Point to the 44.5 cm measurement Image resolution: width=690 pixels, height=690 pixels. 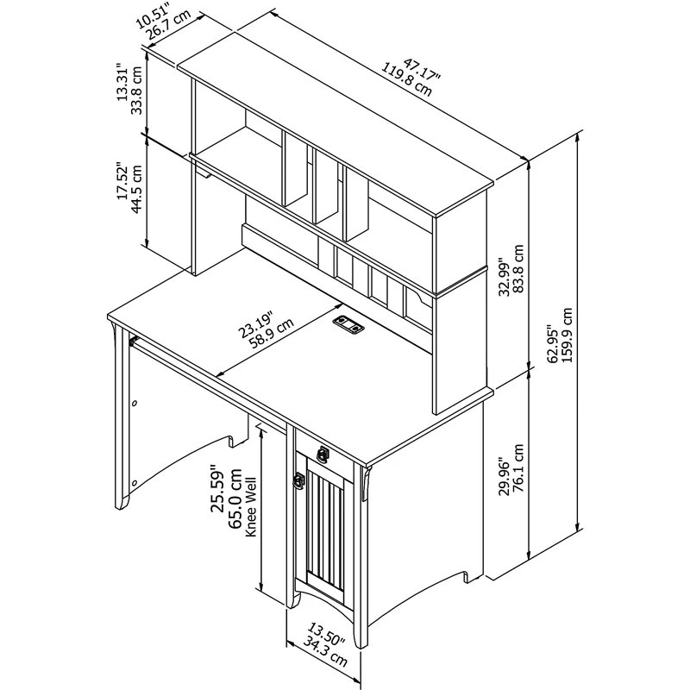coord(137,188)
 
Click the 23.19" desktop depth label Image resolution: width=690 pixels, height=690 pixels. coord(256,324)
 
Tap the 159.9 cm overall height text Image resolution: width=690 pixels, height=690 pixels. coord(567,335)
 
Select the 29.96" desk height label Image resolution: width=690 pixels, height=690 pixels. coord(504,480)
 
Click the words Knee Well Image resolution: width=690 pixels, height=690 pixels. coord(250,507)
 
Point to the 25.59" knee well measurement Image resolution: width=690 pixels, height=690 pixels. coord(217,488)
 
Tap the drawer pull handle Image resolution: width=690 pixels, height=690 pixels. coord(323,454)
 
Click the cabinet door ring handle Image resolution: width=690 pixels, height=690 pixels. coord(299,480)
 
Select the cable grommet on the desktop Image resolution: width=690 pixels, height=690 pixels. coord(348,323)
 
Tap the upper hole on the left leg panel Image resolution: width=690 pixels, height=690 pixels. coord(135,403)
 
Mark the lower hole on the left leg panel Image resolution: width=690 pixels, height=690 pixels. coord(135,483)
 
